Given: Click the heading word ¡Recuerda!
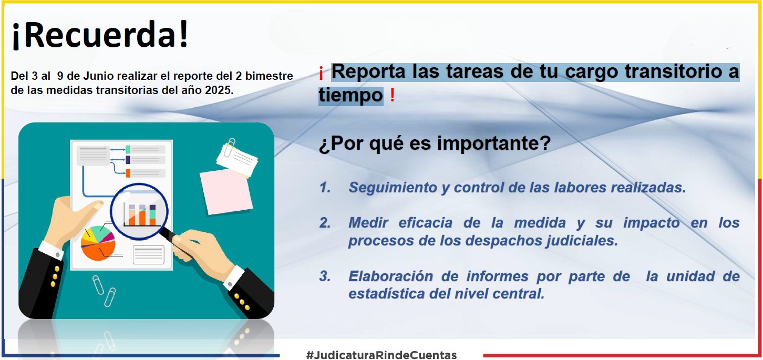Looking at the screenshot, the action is pos(100,35).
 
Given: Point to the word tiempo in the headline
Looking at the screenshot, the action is pos(351,95).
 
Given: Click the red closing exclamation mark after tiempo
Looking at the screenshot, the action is pos(393,95).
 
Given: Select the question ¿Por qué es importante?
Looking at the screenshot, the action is pos(435,143).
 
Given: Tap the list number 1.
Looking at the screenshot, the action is pos(325,187).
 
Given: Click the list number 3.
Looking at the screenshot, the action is pos(325,276).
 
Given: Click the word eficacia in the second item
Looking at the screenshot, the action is pos(425,223).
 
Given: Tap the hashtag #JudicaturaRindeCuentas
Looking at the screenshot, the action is pos(381,355).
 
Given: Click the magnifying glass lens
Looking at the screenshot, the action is pos(139,211).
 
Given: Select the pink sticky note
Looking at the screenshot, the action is pos(226,192).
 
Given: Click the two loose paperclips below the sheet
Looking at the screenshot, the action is pos(104,291).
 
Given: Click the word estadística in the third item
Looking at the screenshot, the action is pos(385,294).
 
